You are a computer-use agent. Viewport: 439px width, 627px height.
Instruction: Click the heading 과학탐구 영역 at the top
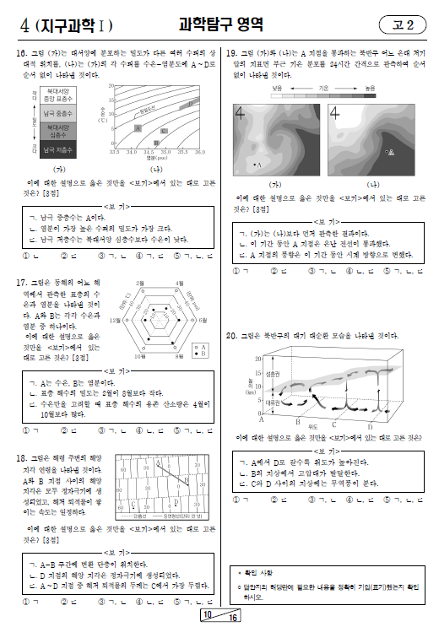(220, 24)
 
